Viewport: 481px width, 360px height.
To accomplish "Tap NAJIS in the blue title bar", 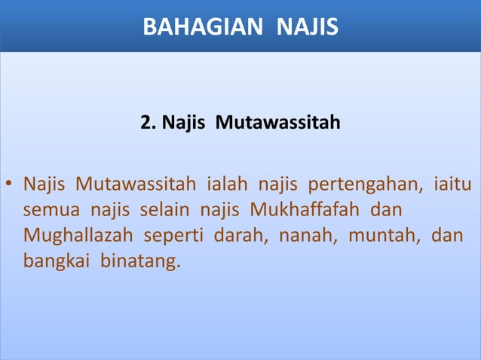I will pos(308,28).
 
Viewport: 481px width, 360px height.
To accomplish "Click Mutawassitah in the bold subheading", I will pos(277,121).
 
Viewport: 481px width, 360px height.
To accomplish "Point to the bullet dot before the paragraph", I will pos(9,185).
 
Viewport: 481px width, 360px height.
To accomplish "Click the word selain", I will pos(161,210).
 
